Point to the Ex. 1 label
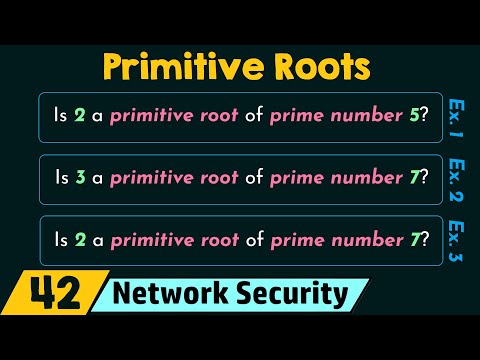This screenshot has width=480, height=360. [x=456, y=118]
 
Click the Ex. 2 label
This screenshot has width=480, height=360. [x=456, y=177]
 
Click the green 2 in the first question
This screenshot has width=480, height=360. [x=79, y=117]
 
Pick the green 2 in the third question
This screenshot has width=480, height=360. [x=79, y=240]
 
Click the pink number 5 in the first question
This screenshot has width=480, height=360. [x=413, y=117]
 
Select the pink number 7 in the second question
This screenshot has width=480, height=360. [x=413, y=178]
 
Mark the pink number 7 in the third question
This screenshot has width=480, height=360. [x=413, y=240]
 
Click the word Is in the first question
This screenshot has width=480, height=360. [x=60, y=117]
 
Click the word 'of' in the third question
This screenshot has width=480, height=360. [x=254, y=240]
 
